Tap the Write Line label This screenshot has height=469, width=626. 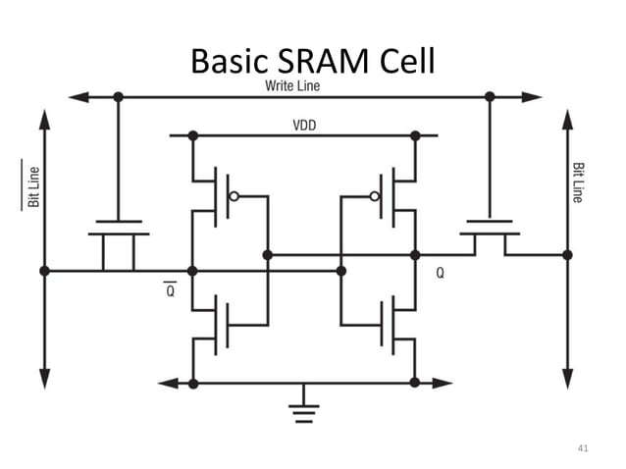coord(291,86)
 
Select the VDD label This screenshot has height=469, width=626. coord(304,126)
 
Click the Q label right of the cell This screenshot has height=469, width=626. coord(440,275)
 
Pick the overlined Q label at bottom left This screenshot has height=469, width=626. coord(170,290)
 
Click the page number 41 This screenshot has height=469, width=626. coord(583,448)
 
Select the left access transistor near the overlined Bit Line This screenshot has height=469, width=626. coord(119,240)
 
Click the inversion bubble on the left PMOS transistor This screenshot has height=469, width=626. coord(234,196)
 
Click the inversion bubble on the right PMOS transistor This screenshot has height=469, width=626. coord(374,196)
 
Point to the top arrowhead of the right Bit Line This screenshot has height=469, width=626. coord(567,118)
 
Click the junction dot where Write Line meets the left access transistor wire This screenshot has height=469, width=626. coord(119,97)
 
